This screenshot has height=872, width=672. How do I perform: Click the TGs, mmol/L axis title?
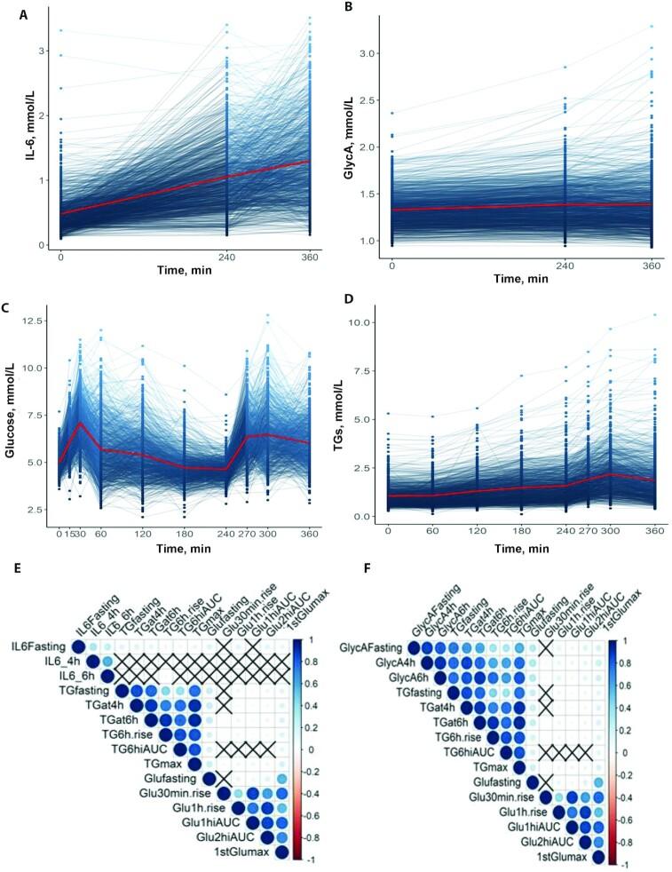pos(355,416)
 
